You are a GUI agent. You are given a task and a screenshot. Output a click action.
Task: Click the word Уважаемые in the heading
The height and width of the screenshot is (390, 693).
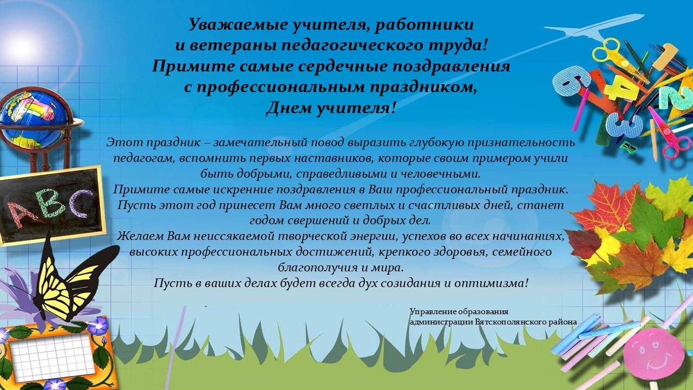(238, 25)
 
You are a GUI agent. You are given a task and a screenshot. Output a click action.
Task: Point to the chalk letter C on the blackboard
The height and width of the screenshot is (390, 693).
(81, 202)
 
